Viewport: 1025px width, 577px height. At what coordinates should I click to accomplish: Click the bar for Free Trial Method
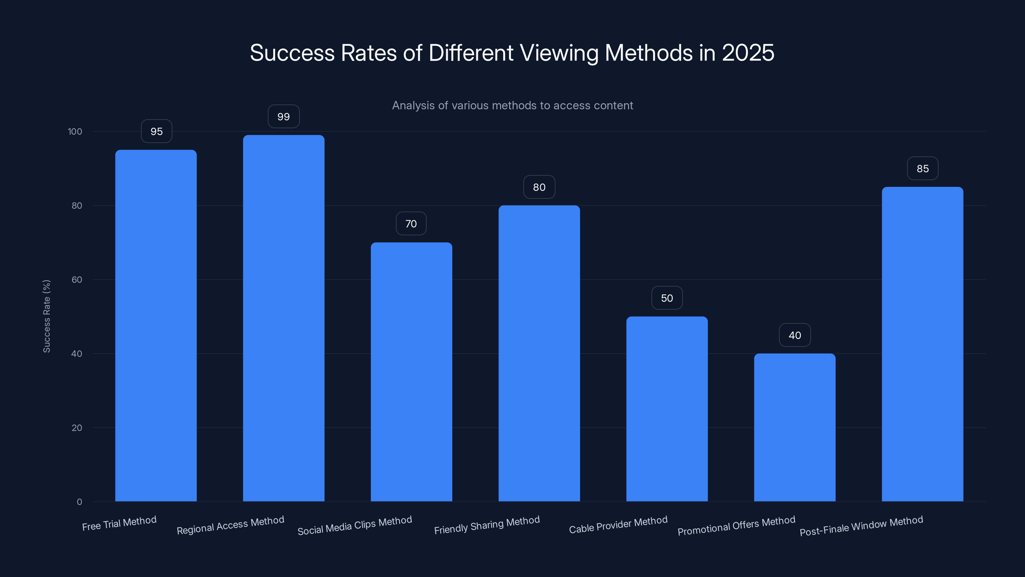point(156,325)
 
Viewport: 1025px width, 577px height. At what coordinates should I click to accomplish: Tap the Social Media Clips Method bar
point(411,372)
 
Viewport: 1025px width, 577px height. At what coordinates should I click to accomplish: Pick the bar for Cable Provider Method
point(667,409)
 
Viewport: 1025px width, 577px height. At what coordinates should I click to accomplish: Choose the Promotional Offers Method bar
point(795,427)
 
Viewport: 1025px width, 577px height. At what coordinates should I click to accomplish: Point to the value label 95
point(156,131)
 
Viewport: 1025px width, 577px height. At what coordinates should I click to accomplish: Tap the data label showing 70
point(411,224)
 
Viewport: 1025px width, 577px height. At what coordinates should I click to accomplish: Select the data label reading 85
point(922,168)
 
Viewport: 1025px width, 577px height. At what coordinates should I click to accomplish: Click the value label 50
point(667,298)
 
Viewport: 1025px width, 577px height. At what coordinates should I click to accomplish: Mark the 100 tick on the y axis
point(75,131)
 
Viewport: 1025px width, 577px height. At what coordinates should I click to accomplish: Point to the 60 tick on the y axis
point(77,280)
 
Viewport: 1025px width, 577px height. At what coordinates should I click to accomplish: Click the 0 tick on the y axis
point(79,502)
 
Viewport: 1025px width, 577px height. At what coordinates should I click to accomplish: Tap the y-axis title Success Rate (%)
point(46,316)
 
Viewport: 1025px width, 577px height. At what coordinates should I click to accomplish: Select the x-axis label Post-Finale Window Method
point(861,526)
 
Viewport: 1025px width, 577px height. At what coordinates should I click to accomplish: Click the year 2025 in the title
point(748,53)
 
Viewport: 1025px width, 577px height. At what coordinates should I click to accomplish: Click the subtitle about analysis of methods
point(512,105)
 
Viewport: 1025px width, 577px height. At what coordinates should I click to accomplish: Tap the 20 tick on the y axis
point(77,428)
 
